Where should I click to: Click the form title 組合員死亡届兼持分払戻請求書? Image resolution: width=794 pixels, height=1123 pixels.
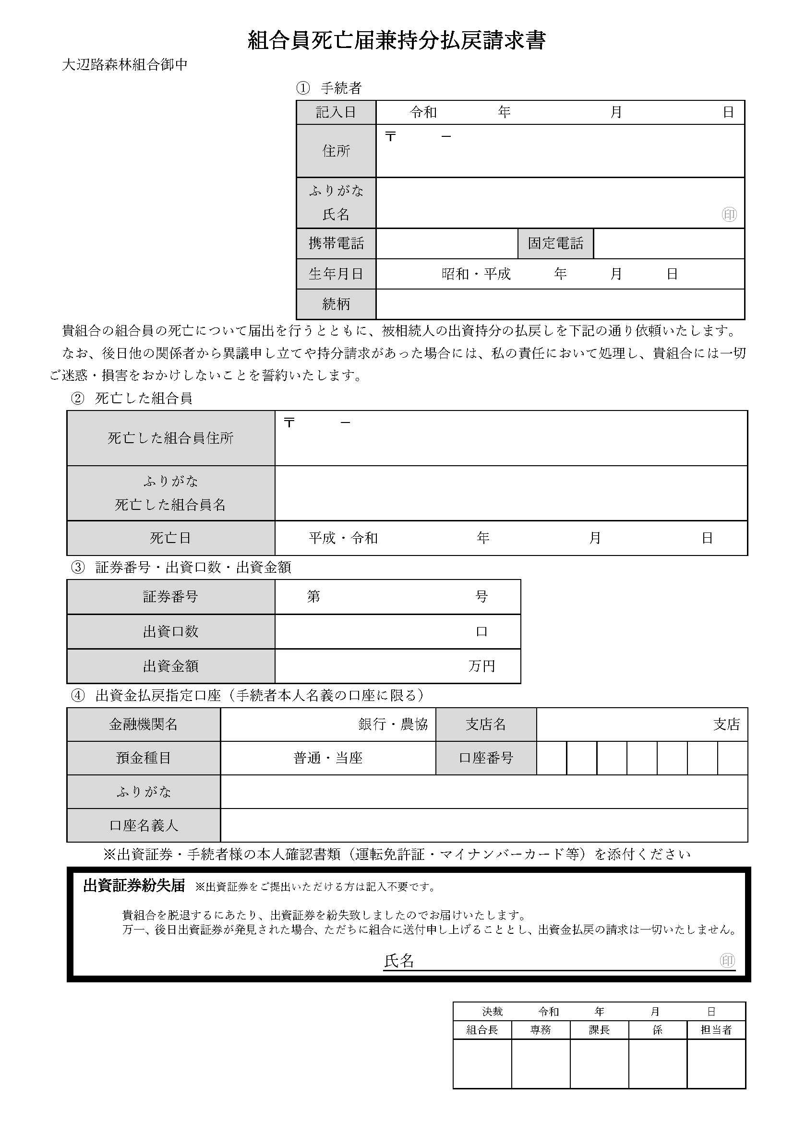[397, 40]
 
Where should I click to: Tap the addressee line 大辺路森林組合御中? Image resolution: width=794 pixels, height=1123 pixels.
[125, 64]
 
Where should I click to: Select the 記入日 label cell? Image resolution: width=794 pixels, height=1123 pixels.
[336, 112]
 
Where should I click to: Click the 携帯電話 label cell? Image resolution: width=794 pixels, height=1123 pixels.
[336, 243]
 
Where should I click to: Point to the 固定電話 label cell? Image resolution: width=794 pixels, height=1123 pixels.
[555, 243]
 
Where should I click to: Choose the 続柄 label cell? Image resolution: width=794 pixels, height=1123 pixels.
[336, 304]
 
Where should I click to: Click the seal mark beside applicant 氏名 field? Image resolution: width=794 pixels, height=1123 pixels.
[729, 214]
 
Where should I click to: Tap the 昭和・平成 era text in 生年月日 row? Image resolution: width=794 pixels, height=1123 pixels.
[476, 274]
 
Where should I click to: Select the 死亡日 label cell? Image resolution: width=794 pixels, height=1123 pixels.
[170, 538]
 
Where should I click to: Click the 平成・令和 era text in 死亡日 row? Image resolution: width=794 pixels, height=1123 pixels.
[343, 538]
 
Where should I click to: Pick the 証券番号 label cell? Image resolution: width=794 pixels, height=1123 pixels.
[170, 597]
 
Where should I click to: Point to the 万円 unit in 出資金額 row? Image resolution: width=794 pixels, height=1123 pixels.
[481, 666]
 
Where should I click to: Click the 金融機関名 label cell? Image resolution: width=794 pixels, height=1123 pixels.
[143, 725]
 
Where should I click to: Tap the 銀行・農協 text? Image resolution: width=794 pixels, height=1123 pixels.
[393, 725]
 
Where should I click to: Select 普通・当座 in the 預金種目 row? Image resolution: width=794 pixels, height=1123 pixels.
[327, 758]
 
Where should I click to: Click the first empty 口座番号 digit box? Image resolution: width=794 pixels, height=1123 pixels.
[552, 758]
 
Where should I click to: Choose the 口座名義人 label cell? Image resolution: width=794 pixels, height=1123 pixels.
[143, 826]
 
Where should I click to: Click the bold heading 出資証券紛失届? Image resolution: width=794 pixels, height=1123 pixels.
[134, 886]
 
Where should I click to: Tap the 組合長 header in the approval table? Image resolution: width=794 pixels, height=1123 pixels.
[482, 1030]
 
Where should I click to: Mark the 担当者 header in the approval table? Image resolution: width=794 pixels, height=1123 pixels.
[716, 1030]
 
